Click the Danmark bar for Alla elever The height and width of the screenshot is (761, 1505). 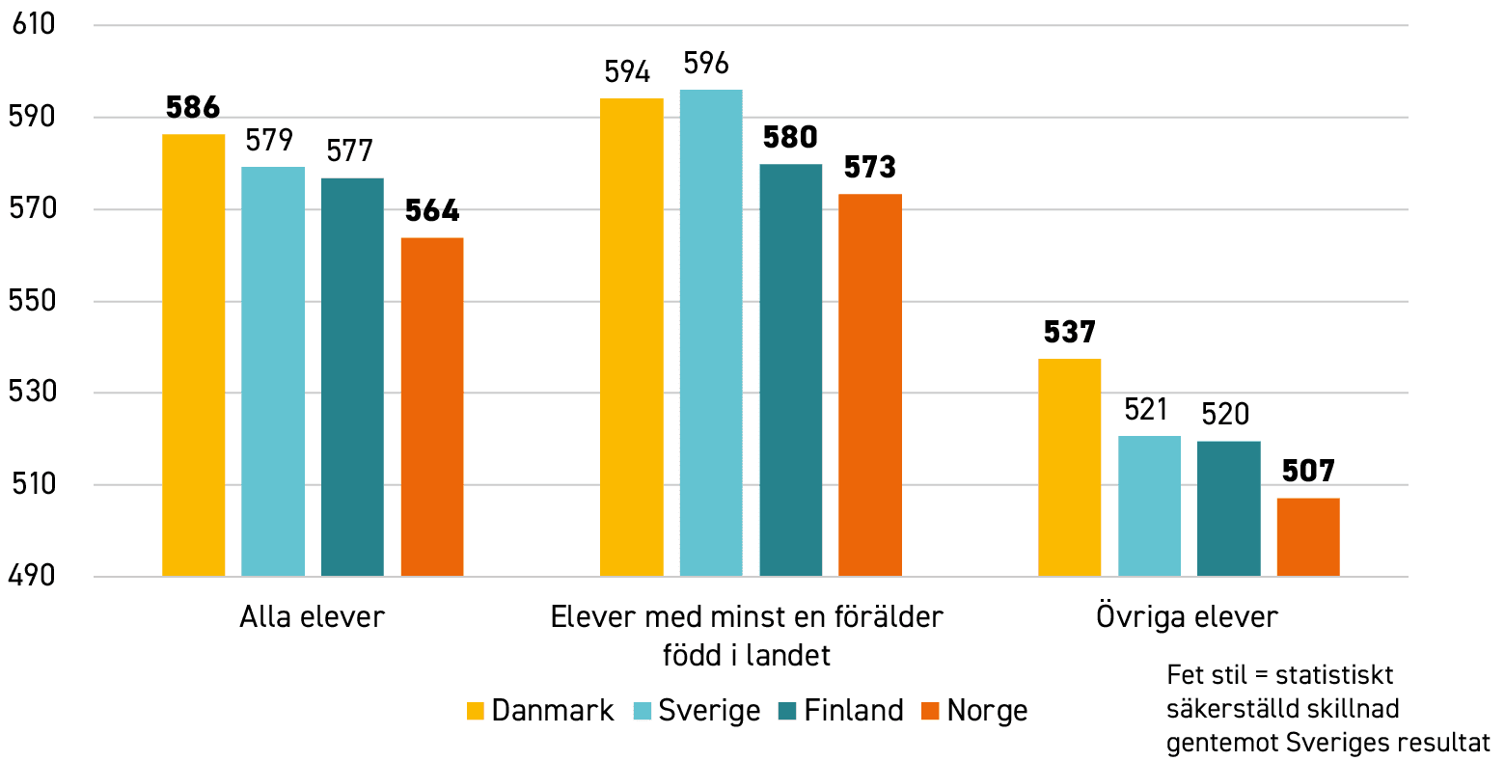click(194, 355)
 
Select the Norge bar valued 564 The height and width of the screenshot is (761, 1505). click(432, 407)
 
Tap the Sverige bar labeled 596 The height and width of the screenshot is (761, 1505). click(711, 333)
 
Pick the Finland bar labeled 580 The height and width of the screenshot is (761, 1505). click(791, 370)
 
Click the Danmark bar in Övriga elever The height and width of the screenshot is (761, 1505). click(1070, 468)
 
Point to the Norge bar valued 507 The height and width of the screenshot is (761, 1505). click(1308, 537)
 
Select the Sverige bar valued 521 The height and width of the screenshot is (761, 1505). click(1149, 506)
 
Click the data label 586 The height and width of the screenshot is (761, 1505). click(193, 107)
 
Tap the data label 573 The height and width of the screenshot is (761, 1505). click(870, 167)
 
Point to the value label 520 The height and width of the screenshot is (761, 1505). click(1225, 414)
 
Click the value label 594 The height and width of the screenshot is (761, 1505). click(627, 72)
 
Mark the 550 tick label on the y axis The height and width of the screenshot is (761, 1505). click(32, 301)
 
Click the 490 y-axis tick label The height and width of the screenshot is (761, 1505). click(32, 576)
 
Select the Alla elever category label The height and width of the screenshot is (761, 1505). click(313, 616)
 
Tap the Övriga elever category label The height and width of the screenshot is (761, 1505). click(1188, 616)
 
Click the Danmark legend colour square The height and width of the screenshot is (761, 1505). click(475, 711)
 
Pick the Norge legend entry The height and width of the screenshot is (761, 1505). click(974, 711)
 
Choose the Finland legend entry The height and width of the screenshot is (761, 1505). click(841, 711)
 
